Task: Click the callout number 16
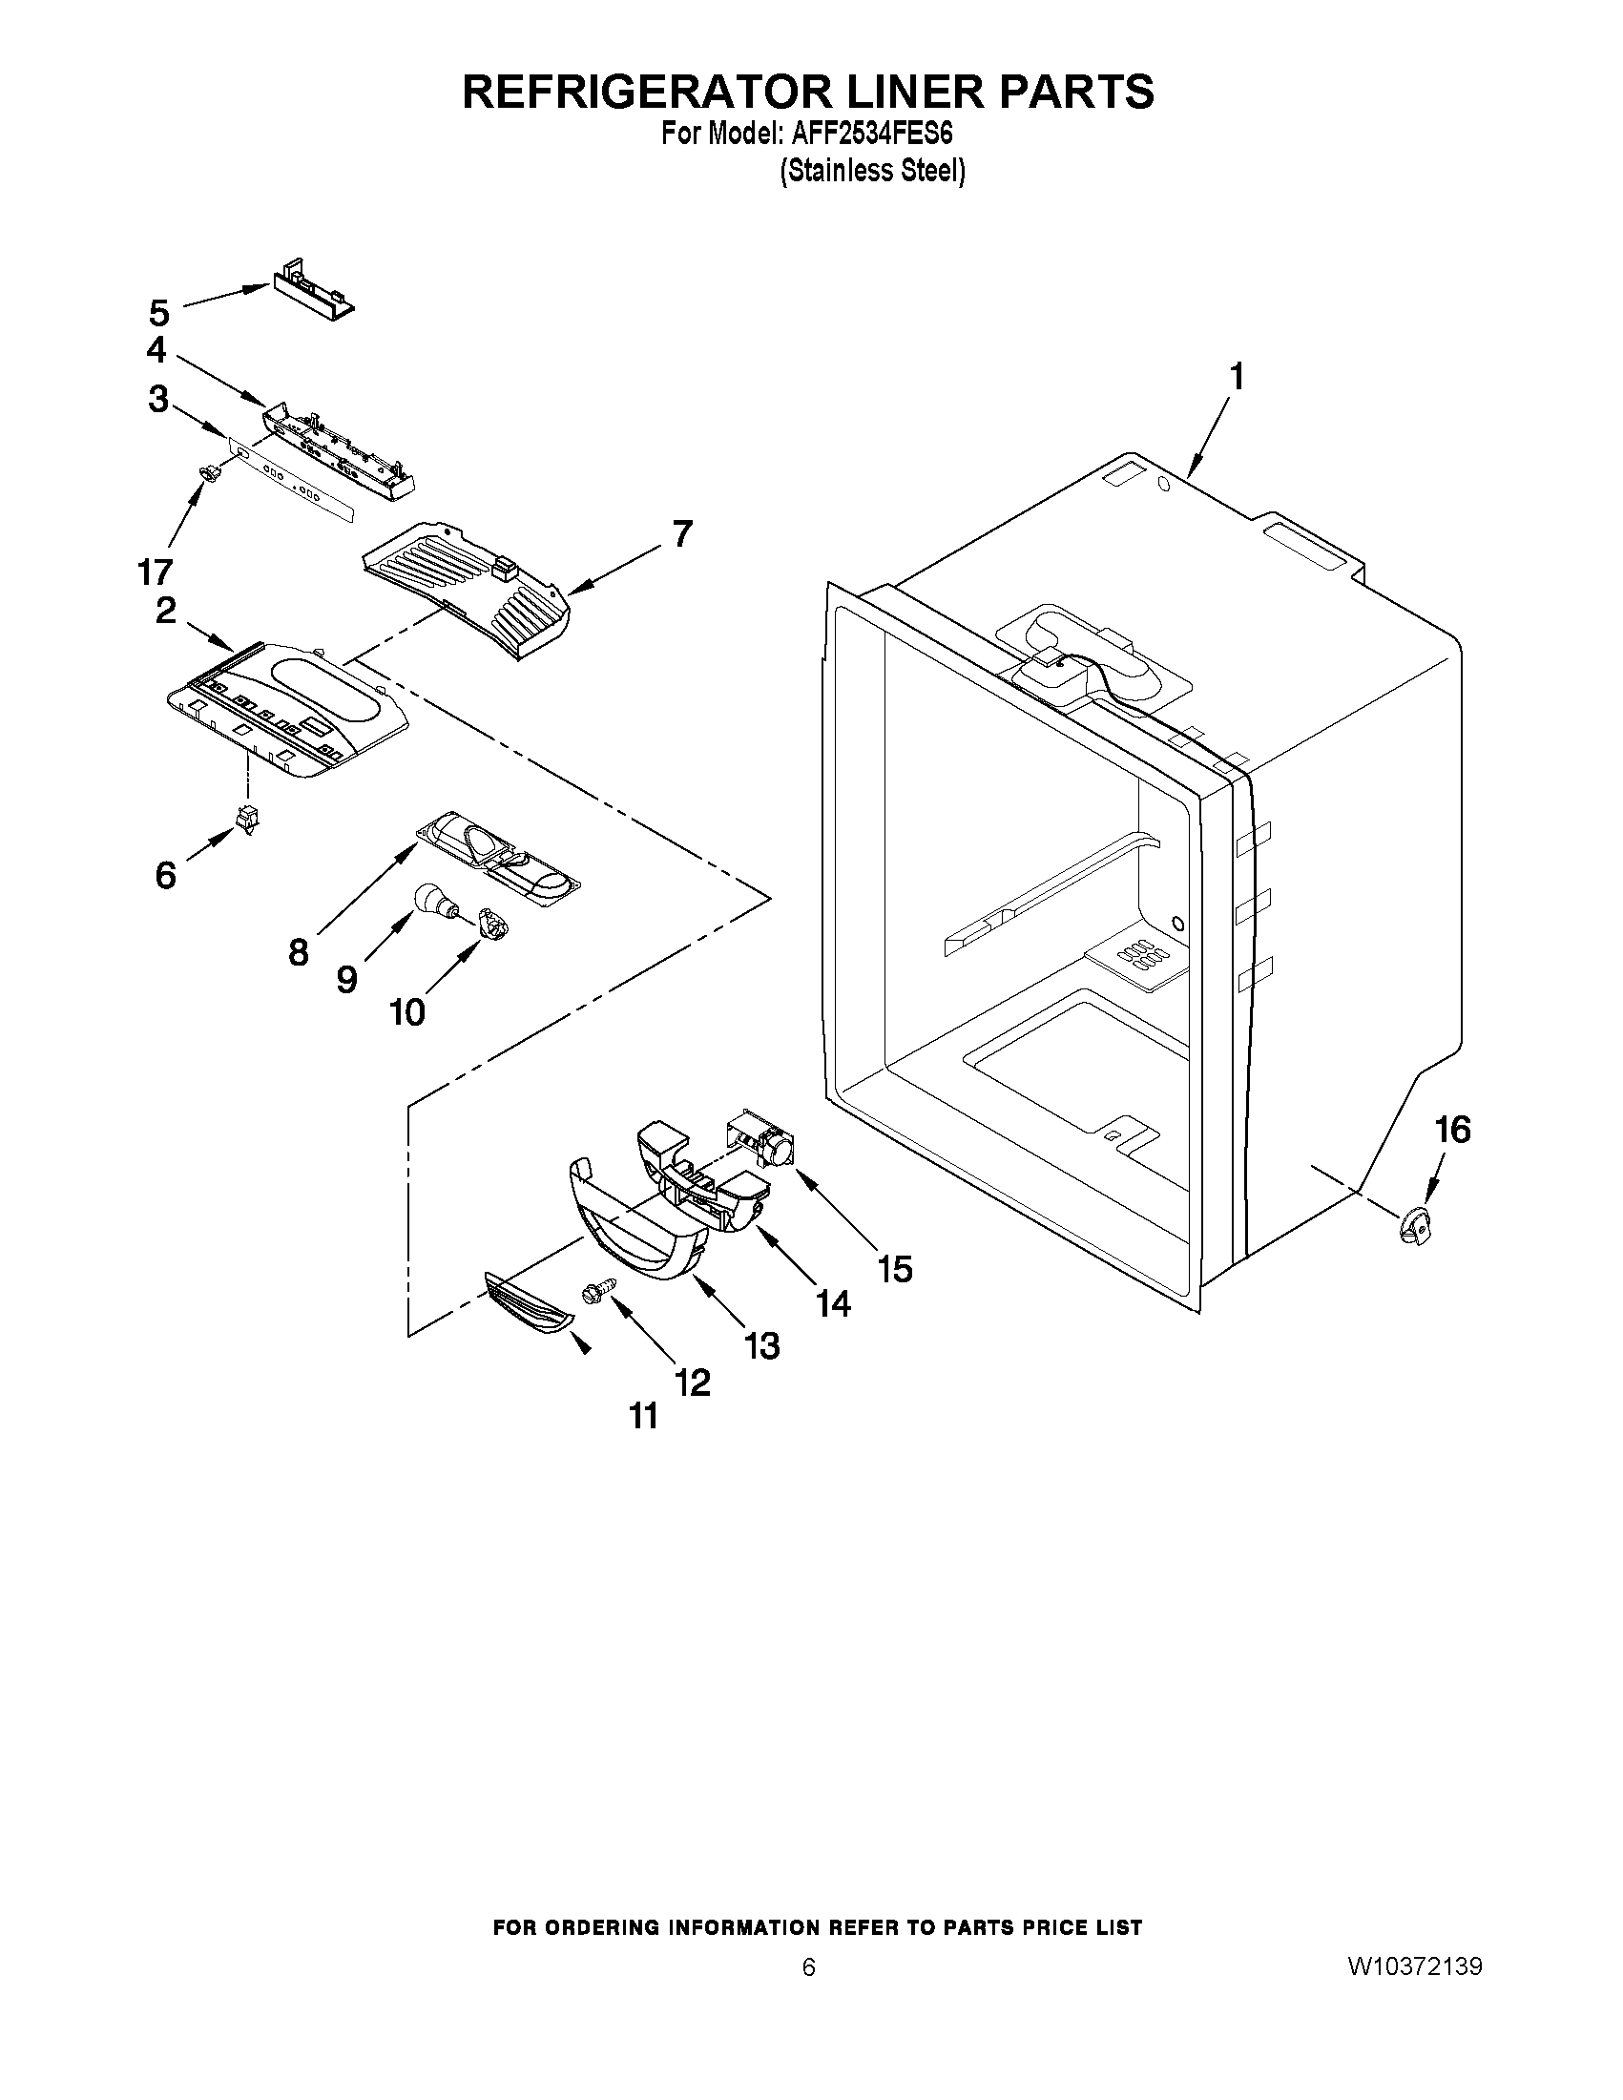[x=1452, y=1130]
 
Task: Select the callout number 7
[x=681, y=533]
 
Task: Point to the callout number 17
[x=154, y=572]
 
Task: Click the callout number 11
[x=643, y=1415]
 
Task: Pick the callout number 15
[x=894, y=1269]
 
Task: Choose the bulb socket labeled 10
[x=494, y=925]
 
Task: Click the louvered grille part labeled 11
[x=530, y=1303]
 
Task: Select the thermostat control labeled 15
[x=761, y=1140]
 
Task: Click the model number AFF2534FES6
[x=872, y=133]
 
